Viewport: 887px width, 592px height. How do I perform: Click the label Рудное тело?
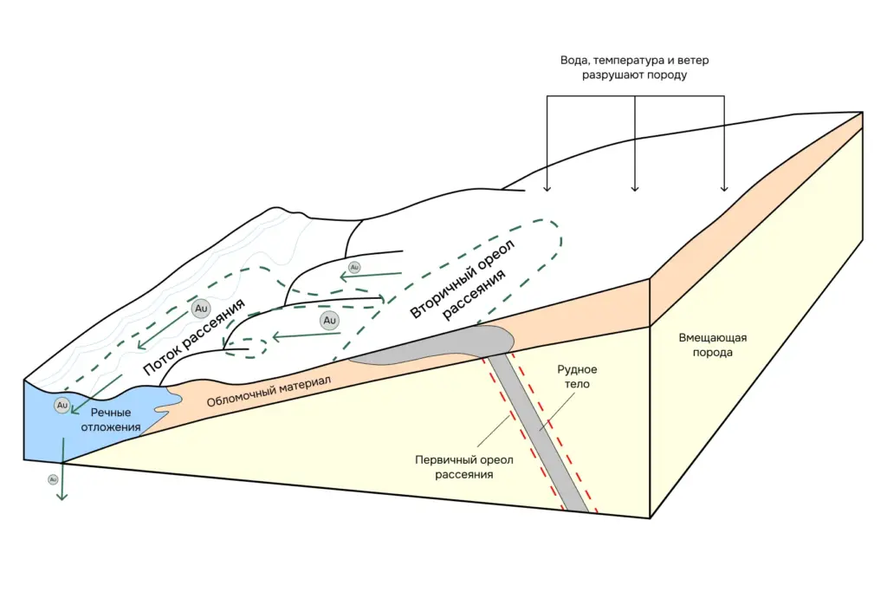coord(577,376)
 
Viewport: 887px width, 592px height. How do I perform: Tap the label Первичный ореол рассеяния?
coord(465,467)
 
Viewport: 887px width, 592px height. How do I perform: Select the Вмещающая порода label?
coord(713,345)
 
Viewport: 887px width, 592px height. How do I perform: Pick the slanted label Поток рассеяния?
coord(194,336)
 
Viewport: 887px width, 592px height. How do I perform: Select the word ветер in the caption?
coord(693,62)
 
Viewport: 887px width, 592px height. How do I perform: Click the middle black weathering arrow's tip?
coord(635,189)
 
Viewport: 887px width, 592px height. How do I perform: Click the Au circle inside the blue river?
coord(62,405)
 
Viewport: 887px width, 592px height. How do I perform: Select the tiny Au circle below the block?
coord(53,478)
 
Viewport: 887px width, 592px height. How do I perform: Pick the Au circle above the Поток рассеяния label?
coord(201,308)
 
